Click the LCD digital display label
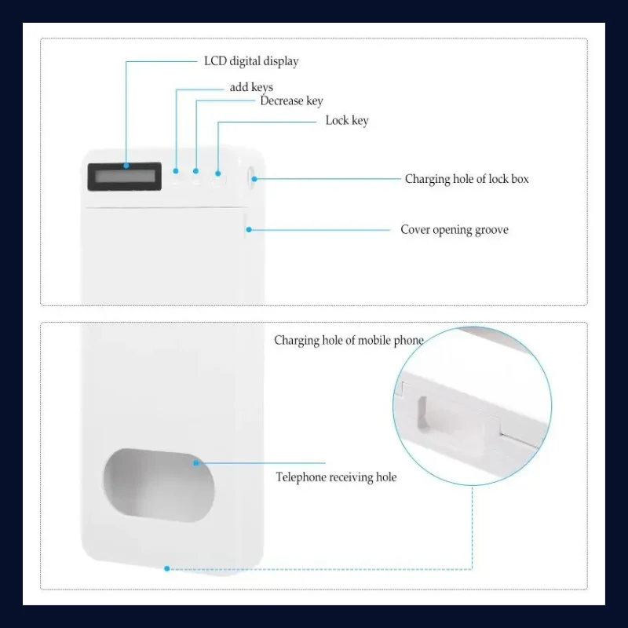click(x=251, y=61)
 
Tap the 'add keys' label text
click(x=251, y=87)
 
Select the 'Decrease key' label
click(x=291, y=101)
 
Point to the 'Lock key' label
click(x=347, y=121)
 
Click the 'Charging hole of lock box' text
click(x=466, y=179)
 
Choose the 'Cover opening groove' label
click(x=455, y=230)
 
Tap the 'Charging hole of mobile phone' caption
click(x=349, y=341)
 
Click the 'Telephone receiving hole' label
click(x=336, y=477)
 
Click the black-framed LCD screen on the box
click(x=125, y=176)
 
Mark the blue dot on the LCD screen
click(x=126, y=166)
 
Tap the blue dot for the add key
click(x=175, y=171)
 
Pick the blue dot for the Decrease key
click(x=195, y=171)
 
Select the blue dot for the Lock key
click(x=218, y=173)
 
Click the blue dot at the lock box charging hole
click(x=254, y=179)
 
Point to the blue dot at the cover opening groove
click(x=249, y=229)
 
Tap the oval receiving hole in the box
click(x=159, y=485)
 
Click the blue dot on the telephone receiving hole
click(x=195, y=463)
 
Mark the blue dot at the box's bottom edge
click(x=167, y=568)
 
